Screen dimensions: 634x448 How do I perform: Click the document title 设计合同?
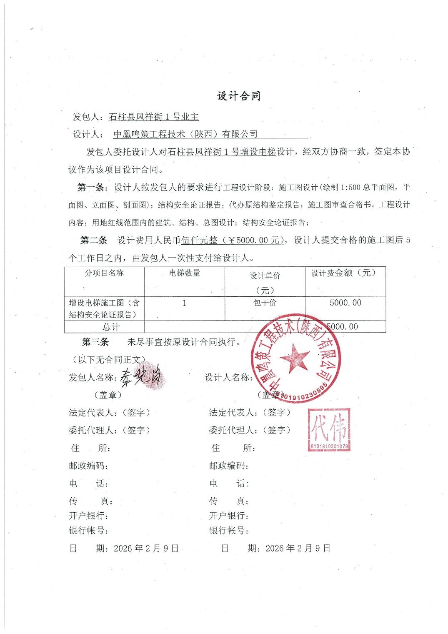point(238,96)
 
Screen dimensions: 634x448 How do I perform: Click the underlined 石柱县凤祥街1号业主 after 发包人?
point(153,117)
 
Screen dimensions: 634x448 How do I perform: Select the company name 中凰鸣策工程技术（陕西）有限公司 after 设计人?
point(185,134)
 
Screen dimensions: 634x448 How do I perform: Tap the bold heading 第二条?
point(93,240)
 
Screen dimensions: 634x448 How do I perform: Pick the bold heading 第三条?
point(95,342)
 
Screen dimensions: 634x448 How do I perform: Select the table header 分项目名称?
point(104,273)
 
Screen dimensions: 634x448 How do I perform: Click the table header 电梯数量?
point(184,273)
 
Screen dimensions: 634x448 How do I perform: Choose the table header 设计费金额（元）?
point(345,273)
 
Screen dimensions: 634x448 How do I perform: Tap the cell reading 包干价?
point(265,303)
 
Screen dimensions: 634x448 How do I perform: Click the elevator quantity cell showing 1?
point(184,303)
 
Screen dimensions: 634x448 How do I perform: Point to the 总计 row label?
point(111,327)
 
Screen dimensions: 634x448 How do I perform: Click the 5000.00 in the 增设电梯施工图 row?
point(345,303)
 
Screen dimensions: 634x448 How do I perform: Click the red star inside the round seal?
point(295,357)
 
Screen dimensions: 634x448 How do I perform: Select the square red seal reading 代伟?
point(329,429)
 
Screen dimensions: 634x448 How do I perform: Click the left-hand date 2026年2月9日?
point(146,548)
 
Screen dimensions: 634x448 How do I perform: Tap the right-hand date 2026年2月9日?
point(298,548)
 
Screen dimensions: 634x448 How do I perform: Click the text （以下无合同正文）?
point(108,359)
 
